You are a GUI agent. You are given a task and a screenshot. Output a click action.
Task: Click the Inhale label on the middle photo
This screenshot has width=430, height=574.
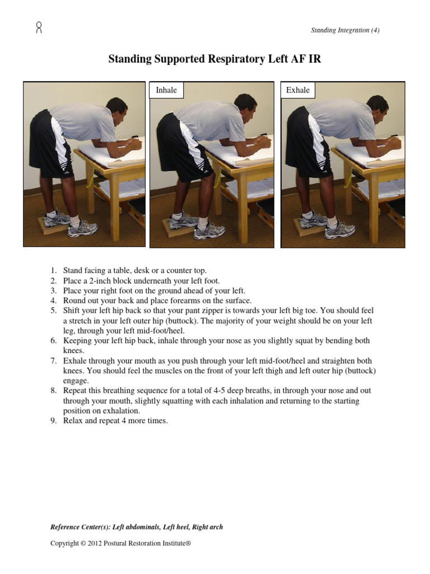tap(166, 90)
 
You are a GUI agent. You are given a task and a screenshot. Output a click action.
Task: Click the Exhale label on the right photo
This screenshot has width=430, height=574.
tap(297, 90)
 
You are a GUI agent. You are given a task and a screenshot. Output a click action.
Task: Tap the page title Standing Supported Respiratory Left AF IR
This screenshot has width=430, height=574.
tap(214, 59)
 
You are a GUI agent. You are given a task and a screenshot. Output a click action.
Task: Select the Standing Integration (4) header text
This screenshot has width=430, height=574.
tap(345, 30)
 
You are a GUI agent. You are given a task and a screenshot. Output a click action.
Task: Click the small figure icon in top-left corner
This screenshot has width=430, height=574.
tap(39, 27)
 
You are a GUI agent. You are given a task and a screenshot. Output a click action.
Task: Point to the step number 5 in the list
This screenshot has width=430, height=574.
tap(53, 311)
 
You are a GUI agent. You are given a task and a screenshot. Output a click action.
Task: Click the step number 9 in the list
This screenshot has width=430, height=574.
tap(53, 420)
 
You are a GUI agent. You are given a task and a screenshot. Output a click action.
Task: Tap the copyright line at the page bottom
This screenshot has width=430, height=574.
tap(120, 543)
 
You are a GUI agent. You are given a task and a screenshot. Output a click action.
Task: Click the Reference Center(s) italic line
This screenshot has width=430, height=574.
tap(137, 527)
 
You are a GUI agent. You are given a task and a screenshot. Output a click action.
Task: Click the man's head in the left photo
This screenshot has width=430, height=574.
tap(117, 108)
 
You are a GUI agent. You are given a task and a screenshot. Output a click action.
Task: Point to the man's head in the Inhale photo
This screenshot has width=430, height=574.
tap(246, 104)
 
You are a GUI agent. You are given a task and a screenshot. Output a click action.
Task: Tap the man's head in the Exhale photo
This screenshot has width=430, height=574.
tap(377, 105)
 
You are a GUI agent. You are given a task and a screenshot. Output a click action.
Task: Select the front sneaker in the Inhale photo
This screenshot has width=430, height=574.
tap(209, 230)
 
